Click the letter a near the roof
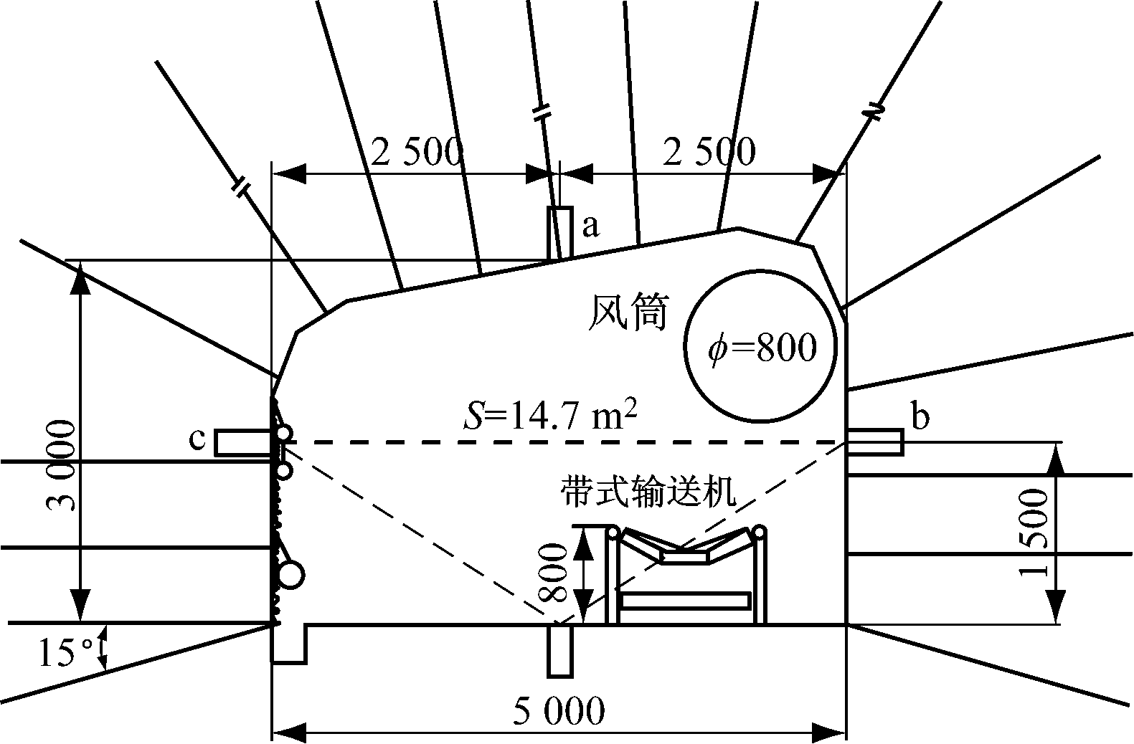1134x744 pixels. [x=590, y=226]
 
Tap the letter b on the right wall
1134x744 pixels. [x=920, y=416]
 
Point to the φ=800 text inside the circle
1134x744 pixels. [x=762, y=348]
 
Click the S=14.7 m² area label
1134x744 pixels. [x=551, y=416]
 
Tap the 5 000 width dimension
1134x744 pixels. [x=559, y=710]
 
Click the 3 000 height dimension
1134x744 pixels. [x=61, y=465]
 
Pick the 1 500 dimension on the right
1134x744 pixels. [x=1033, y=532]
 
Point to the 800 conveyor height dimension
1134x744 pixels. [x=552, y=573]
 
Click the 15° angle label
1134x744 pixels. [x=66, y=652]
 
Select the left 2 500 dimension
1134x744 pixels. [x=417, y=152]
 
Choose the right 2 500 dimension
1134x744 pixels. [x=709, y=151]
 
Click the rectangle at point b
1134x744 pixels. [x=875, y=442]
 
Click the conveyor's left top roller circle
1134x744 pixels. [x=613, y=533]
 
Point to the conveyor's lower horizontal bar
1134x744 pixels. [x=686, y=601]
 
